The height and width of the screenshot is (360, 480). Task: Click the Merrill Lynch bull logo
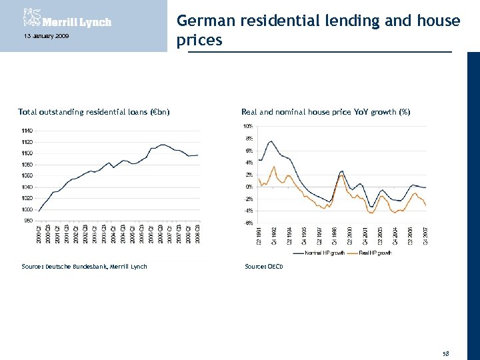point(31,17)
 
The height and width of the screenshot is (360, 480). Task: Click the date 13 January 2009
point(39,36)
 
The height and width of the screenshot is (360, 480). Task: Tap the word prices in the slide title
point(199,41)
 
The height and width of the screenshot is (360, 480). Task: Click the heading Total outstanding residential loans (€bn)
point(94,112)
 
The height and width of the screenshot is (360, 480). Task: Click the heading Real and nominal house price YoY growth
point(325,112)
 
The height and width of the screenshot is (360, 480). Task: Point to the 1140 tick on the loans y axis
point(27,131)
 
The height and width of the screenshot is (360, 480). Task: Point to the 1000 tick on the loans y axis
point(27,210)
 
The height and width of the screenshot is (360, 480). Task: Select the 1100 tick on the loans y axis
point(27,153)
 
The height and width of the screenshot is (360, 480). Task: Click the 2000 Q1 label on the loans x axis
point(39,235)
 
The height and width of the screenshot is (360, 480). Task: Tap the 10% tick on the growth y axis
point(247,126)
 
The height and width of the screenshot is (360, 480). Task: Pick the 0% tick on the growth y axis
point(248,187)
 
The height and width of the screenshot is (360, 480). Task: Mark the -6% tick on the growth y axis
point(247,223)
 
